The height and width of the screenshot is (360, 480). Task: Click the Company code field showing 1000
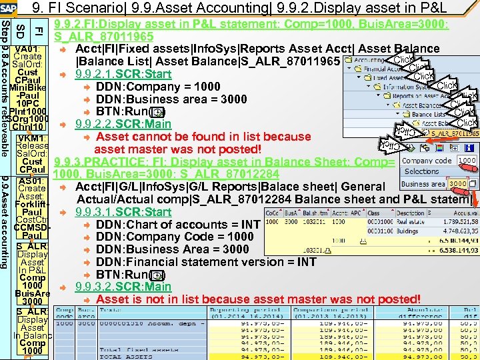click(466, 160)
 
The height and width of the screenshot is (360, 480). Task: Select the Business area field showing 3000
click(457, 183)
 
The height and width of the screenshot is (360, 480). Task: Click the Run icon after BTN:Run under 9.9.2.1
click(156, 112)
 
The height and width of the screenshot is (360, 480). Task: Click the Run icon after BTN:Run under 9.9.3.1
click(156, 275)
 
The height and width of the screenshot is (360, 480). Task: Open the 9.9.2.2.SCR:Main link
click(123, 124)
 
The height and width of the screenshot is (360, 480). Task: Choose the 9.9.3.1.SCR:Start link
click(123, 212)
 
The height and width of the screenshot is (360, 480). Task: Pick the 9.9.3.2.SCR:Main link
click(123, 287)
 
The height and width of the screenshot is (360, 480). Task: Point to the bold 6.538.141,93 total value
click(453, 249)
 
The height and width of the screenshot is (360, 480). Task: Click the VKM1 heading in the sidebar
click(31, 138)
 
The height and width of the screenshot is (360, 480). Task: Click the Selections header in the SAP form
click(421, 171)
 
